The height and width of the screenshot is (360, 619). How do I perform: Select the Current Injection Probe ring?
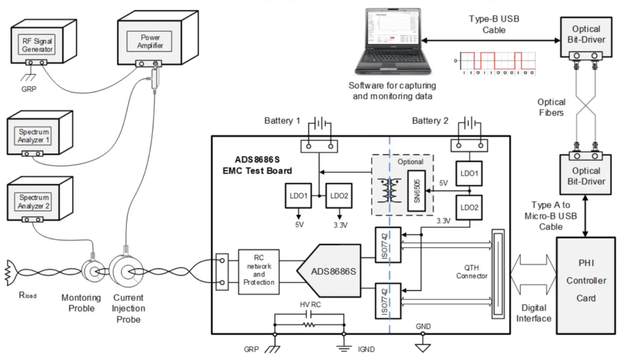pyautogui.click(x=126, y=271)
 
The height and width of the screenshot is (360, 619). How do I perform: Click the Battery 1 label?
pyautogui.click(x=282, y=121)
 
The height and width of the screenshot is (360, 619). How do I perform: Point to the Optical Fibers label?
pyautogui.click(x=552, y=108)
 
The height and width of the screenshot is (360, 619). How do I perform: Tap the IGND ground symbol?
pyautogui.click(x=345, y=344)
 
